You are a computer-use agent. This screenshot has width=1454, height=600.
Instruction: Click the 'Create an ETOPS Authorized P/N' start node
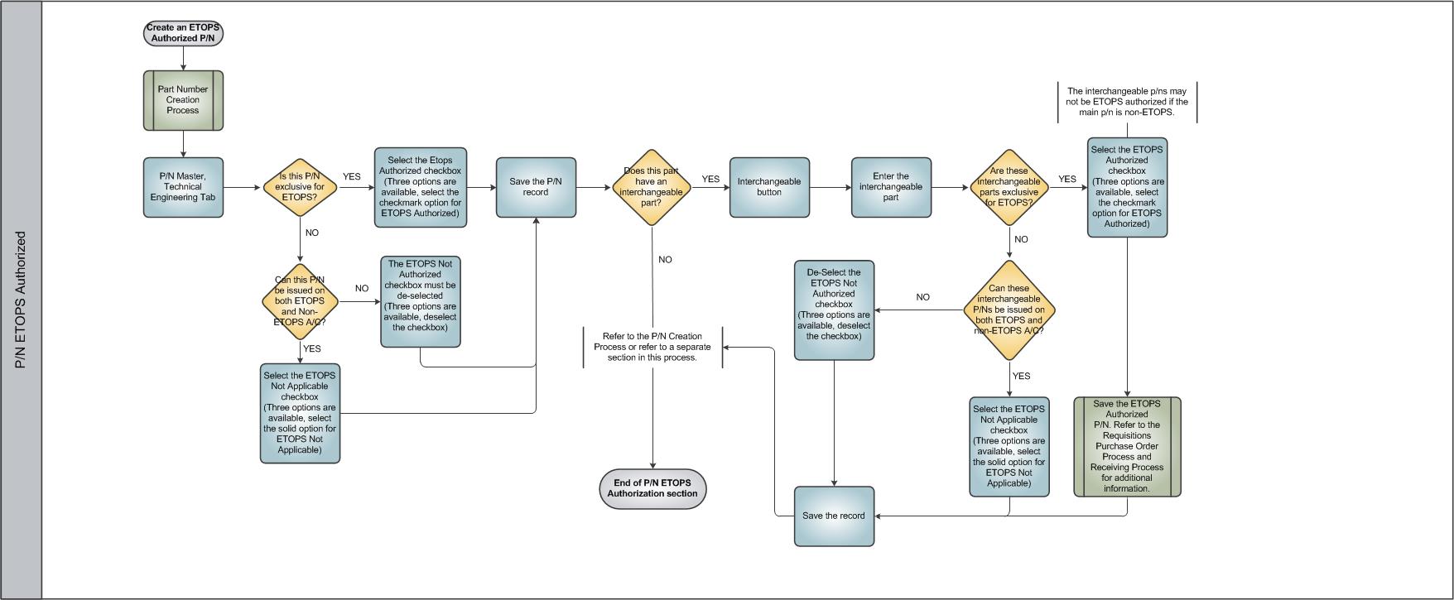pyautogui.click(x=183, y=33)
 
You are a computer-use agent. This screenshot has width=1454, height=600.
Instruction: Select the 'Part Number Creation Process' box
pyautogui.click(x=183, y=100)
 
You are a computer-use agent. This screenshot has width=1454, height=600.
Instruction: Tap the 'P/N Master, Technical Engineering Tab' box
pyautogui.click(x=183, y=187)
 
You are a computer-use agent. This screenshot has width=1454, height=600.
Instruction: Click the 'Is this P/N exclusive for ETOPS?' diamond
pyautogui.click(x=300, y=188)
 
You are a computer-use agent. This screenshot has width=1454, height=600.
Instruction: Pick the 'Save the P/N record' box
pyautogui.click(x=536, y=187)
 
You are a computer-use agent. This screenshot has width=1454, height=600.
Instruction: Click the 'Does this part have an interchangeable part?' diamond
pyautogui.click(x=652, y=187)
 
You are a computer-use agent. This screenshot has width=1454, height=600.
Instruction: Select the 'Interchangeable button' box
pyautogui.click(x=769, y=187)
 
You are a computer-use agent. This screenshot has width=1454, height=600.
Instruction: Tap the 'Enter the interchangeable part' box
pyautogui.click(x=891, y=187)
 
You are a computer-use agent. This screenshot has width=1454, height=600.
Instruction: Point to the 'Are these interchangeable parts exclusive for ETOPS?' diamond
pyautogui.click(x=1009, y=187)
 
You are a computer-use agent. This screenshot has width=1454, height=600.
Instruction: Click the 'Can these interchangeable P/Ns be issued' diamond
pyautogui.click(x=1009, y=310)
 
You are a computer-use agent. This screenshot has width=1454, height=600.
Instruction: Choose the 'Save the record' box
pyautogui.click(x=834, y=516)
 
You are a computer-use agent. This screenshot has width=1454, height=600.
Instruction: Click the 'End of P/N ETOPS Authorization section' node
pyautogui.click(x=652, y=488)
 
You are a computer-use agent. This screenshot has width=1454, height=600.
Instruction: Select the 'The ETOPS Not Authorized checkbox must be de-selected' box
pyautogui.click(x=421, y=301)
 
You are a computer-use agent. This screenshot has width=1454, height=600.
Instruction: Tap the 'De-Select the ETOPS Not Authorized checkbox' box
pyautogui.click(x=834, y=310)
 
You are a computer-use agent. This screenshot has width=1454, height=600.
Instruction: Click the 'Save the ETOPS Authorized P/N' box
pyautogui.click(x=1127, y=447)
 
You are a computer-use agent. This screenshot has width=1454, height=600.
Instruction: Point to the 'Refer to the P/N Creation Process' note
pyautogui.click(x=652, y=347)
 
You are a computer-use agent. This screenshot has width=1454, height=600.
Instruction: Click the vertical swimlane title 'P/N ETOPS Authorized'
pyautogui.click(x=21, y=300)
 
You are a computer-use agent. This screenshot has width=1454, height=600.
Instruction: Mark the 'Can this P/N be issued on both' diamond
pyautogui.click(x=300, y=301)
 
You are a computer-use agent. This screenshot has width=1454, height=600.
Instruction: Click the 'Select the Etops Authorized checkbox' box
pyautogui.click(x=421, y=187)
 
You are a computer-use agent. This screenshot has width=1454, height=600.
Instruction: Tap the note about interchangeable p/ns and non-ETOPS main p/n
pyautogui.click(x=1127, y=102)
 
